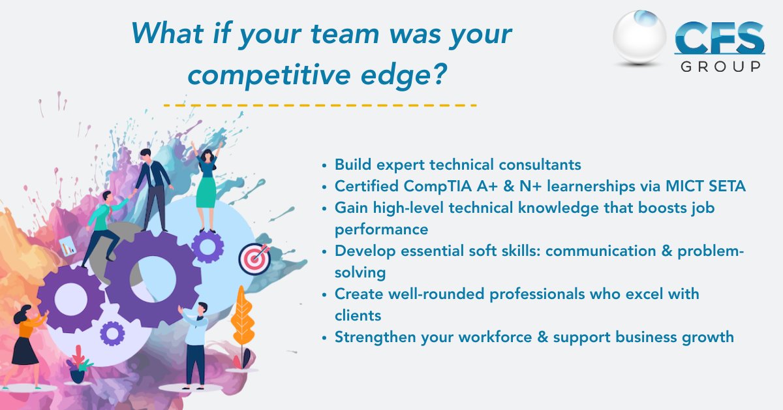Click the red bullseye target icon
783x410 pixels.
tap(254, 259)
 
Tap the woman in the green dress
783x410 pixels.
tap(207, 189)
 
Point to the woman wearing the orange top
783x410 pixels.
tap(27, 340)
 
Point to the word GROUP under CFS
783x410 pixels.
tap(720, 67)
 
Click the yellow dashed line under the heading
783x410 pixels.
tap(320, 104)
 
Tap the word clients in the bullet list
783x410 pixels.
tap(358, 315)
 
